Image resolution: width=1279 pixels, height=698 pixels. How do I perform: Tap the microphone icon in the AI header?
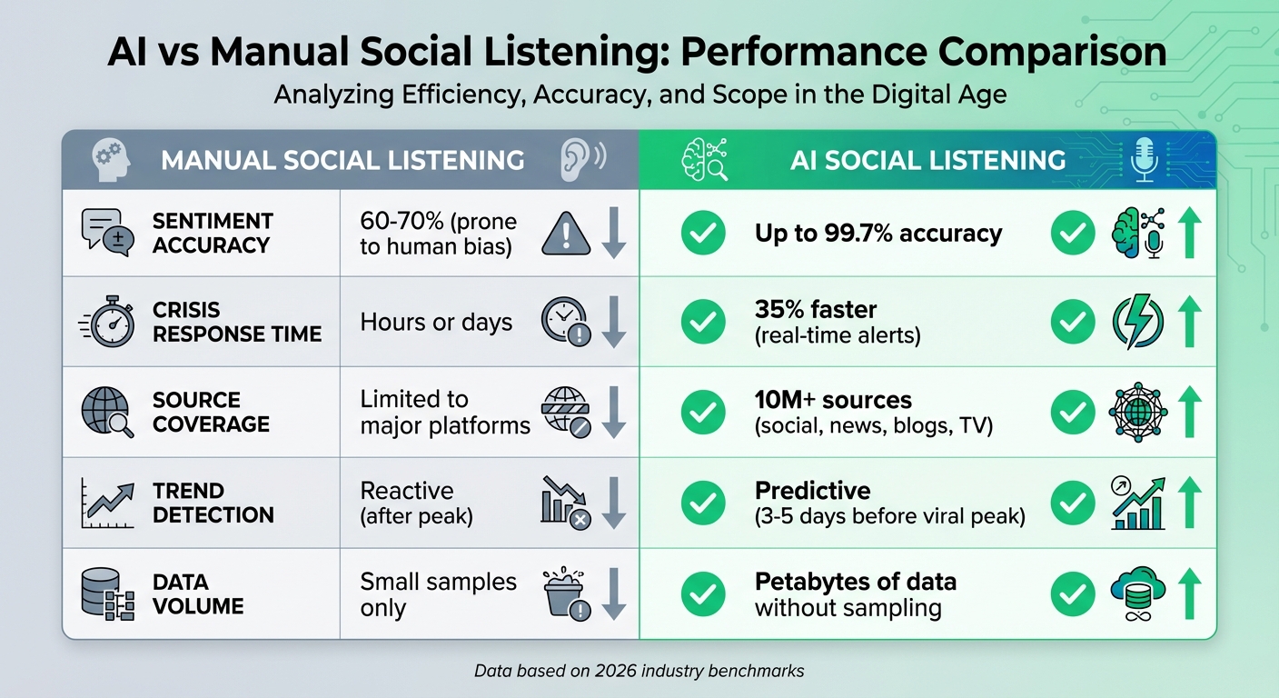[x=1142, y=159]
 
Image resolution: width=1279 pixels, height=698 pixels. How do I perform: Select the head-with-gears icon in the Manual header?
[x=112, y=160]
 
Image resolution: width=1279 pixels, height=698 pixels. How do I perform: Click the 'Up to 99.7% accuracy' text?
[x=877, y=234]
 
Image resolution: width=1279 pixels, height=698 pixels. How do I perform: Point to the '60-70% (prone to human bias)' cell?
[x=438, y=234]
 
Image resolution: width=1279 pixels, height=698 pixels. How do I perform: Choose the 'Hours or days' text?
[x=436, y=322]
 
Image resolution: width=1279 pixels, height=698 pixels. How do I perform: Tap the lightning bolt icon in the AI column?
[x=1138, y=322]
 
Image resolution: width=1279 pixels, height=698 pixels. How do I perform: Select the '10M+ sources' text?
[x=833, y=399]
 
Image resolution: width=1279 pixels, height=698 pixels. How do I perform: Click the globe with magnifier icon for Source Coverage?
[x=106, y=412]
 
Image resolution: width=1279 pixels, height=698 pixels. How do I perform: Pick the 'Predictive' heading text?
[x=812, y=490]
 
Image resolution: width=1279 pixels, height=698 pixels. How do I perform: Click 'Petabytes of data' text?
[x=855, y=581]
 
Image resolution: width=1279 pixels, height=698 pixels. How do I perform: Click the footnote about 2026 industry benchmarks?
[x=639, y=671]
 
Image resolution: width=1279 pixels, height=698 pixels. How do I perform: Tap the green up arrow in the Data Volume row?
[x=1188, y=593]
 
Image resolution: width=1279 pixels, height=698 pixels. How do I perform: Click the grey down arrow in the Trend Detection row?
[x=614, y=503]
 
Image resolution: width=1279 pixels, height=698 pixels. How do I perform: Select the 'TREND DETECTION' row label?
[x=213, y=503]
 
